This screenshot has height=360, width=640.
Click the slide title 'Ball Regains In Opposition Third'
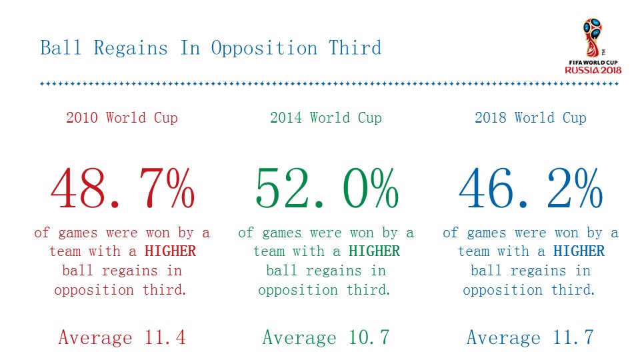211,48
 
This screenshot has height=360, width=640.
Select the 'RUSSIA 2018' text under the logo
593,70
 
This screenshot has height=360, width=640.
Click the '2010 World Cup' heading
122,118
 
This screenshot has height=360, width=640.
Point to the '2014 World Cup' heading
326,118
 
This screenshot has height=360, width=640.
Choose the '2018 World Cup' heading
531,118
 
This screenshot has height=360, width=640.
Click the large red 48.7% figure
123,188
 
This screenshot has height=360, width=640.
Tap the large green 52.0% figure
327,188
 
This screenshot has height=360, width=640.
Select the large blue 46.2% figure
531,188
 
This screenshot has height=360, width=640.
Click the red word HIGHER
171,251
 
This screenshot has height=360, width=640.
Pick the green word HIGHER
375,251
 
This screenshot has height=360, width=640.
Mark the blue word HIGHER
579,251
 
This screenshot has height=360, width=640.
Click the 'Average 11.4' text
122,337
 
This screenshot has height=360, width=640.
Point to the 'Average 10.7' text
326,337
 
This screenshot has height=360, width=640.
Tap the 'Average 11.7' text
530,337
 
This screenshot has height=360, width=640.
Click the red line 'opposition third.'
122,290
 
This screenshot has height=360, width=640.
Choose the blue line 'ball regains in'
531,271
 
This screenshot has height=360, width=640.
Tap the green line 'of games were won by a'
326,233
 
